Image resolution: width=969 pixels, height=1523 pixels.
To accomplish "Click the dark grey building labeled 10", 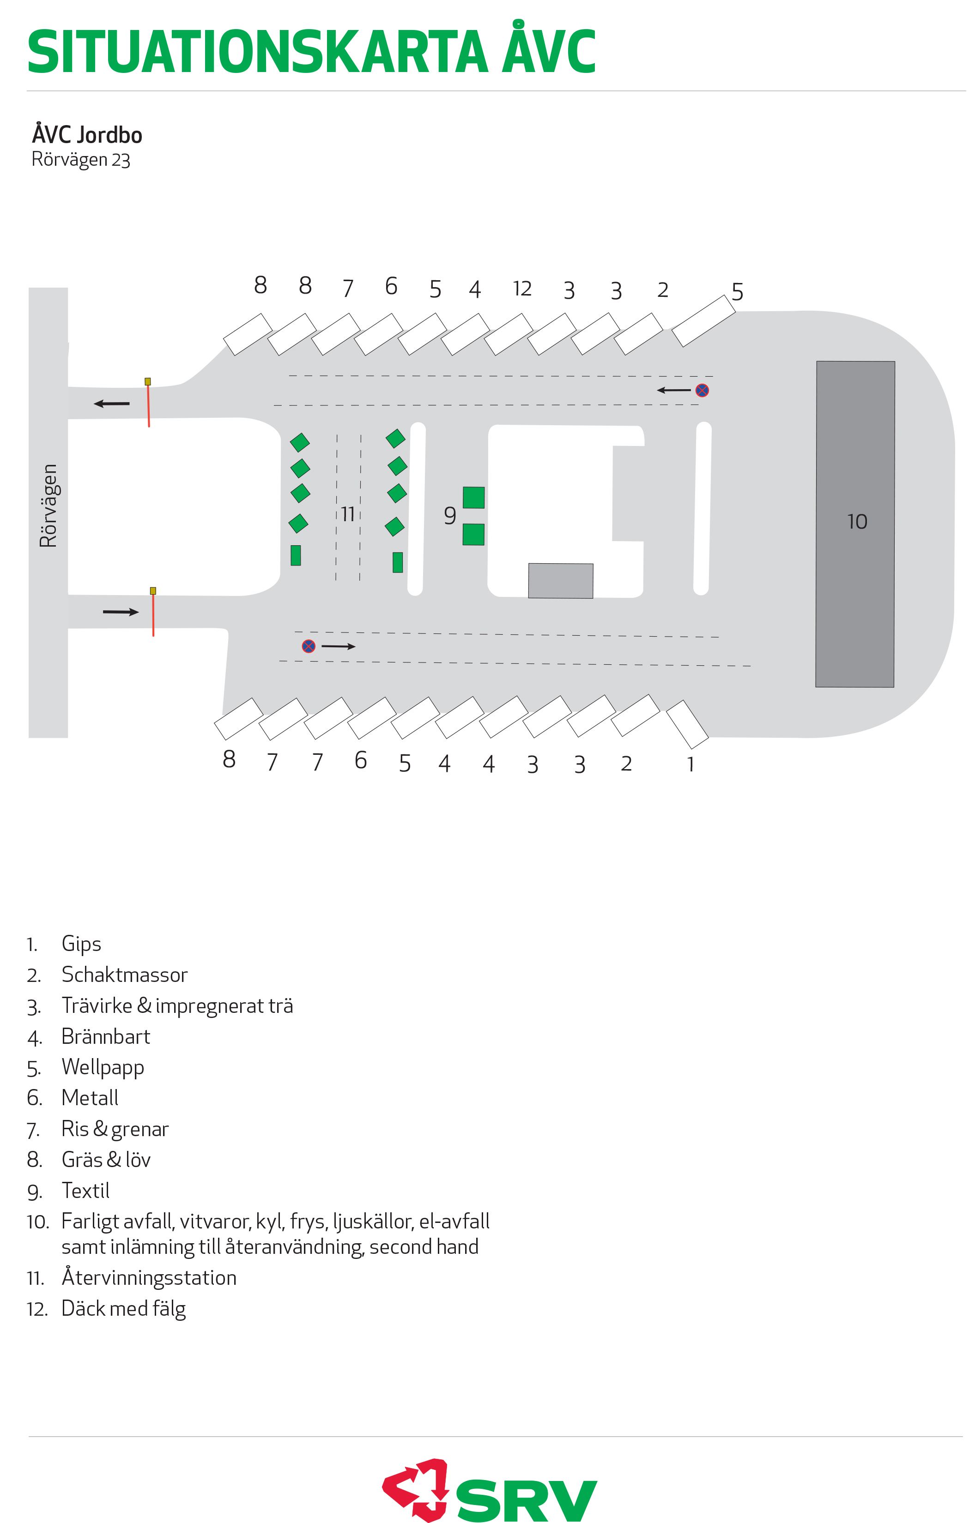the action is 854,524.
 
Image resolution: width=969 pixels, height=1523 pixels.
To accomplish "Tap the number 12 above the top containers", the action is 522,289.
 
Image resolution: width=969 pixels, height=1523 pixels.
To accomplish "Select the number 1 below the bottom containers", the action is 690,764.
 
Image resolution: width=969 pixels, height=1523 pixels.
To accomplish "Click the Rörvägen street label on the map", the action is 48,506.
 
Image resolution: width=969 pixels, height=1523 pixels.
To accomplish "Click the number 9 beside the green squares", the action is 450,516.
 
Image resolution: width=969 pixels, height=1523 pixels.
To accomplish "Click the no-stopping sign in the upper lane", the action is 702,390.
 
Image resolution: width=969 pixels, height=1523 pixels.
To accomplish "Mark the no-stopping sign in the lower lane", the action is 308,646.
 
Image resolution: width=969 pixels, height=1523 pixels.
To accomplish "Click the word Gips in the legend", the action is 81,944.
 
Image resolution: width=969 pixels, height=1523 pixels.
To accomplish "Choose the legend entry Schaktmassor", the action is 125,975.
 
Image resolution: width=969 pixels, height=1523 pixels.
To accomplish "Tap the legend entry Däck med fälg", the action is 123,1308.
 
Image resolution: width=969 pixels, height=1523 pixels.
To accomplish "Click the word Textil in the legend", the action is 85,1190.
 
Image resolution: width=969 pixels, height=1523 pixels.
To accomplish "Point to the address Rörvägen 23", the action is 81,159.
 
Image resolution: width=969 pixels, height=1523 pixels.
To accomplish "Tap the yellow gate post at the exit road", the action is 147,381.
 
